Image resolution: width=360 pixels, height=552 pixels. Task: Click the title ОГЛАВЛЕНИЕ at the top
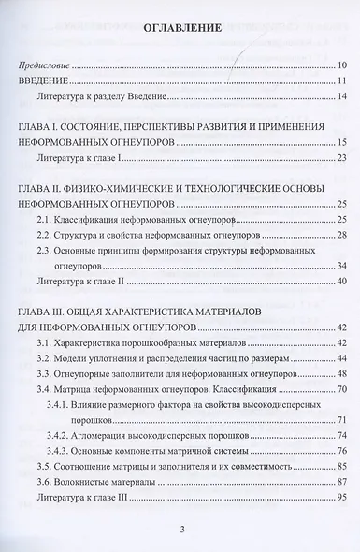(x=181, y=30)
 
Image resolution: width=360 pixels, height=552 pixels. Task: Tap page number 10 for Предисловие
(x=343, y=66)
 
